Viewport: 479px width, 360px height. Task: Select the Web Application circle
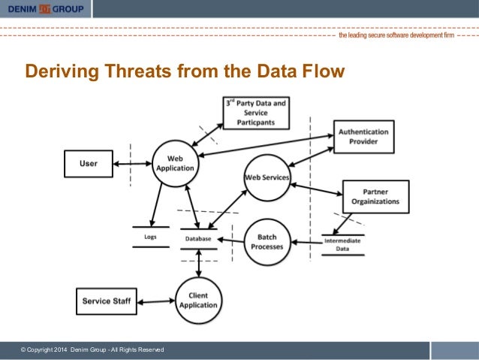[x=174, y=163]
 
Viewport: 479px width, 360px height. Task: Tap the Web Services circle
[x=267, y=177]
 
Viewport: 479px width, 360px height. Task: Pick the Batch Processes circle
[x=267, y=241]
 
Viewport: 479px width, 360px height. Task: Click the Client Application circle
[x=198, y=301]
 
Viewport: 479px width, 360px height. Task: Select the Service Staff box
[x=106, y=301]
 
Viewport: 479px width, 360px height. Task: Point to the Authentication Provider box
[x=363, y=136]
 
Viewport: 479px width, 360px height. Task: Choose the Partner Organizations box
[x=375, y=196]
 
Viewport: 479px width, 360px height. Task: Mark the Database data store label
[x=198, y=239]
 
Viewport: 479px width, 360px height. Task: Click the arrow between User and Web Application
[x=134, y=162]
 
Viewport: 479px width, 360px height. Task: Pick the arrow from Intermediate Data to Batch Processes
[x=306, y=241]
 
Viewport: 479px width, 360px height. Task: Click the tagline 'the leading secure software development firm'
[x=396, y=35]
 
